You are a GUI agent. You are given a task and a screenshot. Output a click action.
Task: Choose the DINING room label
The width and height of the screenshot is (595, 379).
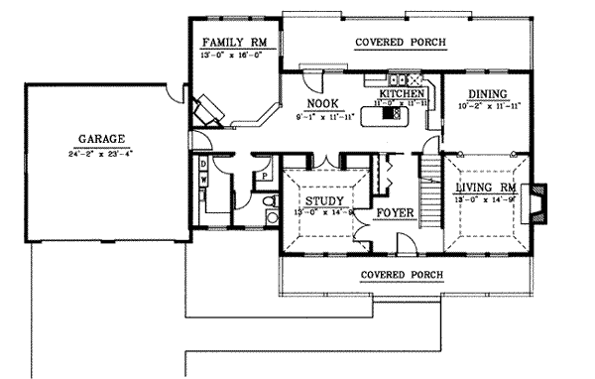pos(482,94)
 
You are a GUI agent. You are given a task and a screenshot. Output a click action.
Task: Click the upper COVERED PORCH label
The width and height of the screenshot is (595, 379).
pos(401,43)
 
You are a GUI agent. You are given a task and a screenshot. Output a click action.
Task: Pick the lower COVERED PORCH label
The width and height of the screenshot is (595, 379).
pos(401,275)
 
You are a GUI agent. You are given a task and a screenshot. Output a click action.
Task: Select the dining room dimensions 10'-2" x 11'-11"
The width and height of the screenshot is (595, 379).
pos(482,105)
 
